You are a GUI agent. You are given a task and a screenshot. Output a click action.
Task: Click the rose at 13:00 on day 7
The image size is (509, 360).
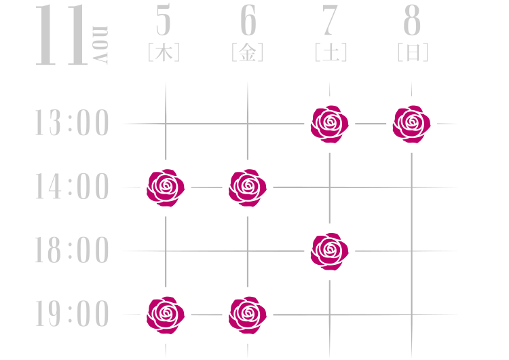coord(329,124)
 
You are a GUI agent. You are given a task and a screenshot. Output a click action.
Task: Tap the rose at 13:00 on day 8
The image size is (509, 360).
coord(411,124)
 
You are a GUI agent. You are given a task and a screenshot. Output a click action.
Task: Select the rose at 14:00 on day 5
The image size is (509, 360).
coord(166,187)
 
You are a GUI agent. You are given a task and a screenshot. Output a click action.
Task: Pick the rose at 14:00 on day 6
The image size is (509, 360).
coord(248,187)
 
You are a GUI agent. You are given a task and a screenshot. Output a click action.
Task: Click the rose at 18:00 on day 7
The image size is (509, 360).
coord(329,251)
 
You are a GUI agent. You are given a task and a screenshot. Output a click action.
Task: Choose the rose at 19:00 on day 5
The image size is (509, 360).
coord(166,315)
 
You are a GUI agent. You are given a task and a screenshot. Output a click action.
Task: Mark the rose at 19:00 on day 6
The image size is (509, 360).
coord(248,315)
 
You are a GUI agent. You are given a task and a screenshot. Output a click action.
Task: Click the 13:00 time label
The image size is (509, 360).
coord(72,124)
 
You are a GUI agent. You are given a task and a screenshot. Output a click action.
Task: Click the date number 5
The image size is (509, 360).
coord(164,22)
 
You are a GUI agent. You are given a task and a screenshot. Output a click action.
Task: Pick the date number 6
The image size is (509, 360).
coord(248,22)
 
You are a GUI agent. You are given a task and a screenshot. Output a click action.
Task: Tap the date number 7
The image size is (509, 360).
coord(330,22)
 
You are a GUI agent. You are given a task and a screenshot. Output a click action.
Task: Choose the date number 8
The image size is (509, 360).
coord(412,22)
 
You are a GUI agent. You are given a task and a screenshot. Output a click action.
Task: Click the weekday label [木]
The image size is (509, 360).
coord(164,53)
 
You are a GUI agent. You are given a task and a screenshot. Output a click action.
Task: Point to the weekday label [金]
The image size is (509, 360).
coord(247,53)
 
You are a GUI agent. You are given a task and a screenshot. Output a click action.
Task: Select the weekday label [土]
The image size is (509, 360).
coord(331,53)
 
